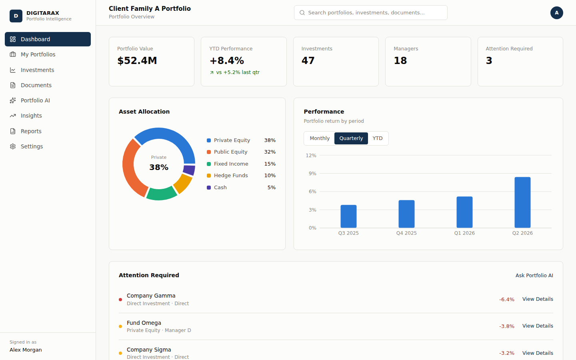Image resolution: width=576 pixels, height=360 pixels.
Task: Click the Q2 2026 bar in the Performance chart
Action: click(x=522, y=202)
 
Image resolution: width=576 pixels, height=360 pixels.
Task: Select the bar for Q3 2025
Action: click(x=348, y=216)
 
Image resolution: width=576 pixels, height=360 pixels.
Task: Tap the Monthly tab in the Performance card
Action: click(x=319, y=138)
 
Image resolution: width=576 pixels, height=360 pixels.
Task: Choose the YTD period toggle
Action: click(x=378, y=138)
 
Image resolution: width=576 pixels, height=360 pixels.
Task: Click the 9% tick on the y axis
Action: click(x=312, y=174)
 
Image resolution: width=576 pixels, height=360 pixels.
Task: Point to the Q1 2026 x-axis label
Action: click(x=464, y=233)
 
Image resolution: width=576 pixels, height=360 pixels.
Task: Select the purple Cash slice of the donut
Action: click(x=189, y=170)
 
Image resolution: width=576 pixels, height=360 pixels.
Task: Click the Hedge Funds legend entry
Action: click(x=227, y=175)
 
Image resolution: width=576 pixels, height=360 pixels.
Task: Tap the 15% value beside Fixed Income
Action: click(x=270, y=164)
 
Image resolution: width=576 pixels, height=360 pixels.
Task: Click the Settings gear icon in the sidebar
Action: click(x=13, y=146)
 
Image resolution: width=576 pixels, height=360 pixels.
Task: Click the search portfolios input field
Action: click(x=370, y=13)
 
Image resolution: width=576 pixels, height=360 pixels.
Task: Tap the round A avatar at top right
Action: click(x=557, y=13)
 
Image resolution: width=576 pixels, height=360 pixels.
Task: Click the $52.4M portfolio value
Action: click(x=137, y=61)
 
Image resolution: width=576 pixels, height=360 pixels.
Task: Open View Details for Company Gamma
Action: click(x=538, y=299)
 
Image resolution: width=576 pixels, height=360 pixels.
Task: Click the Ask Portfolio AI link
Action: click(x=534, y=275)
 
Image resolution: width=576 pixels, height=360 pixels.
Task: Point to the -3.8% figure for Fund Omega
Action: click(x=506, y=326)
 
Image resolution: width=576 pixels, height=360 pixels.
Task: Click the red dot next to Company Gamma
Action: click(x=120, y=300)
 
